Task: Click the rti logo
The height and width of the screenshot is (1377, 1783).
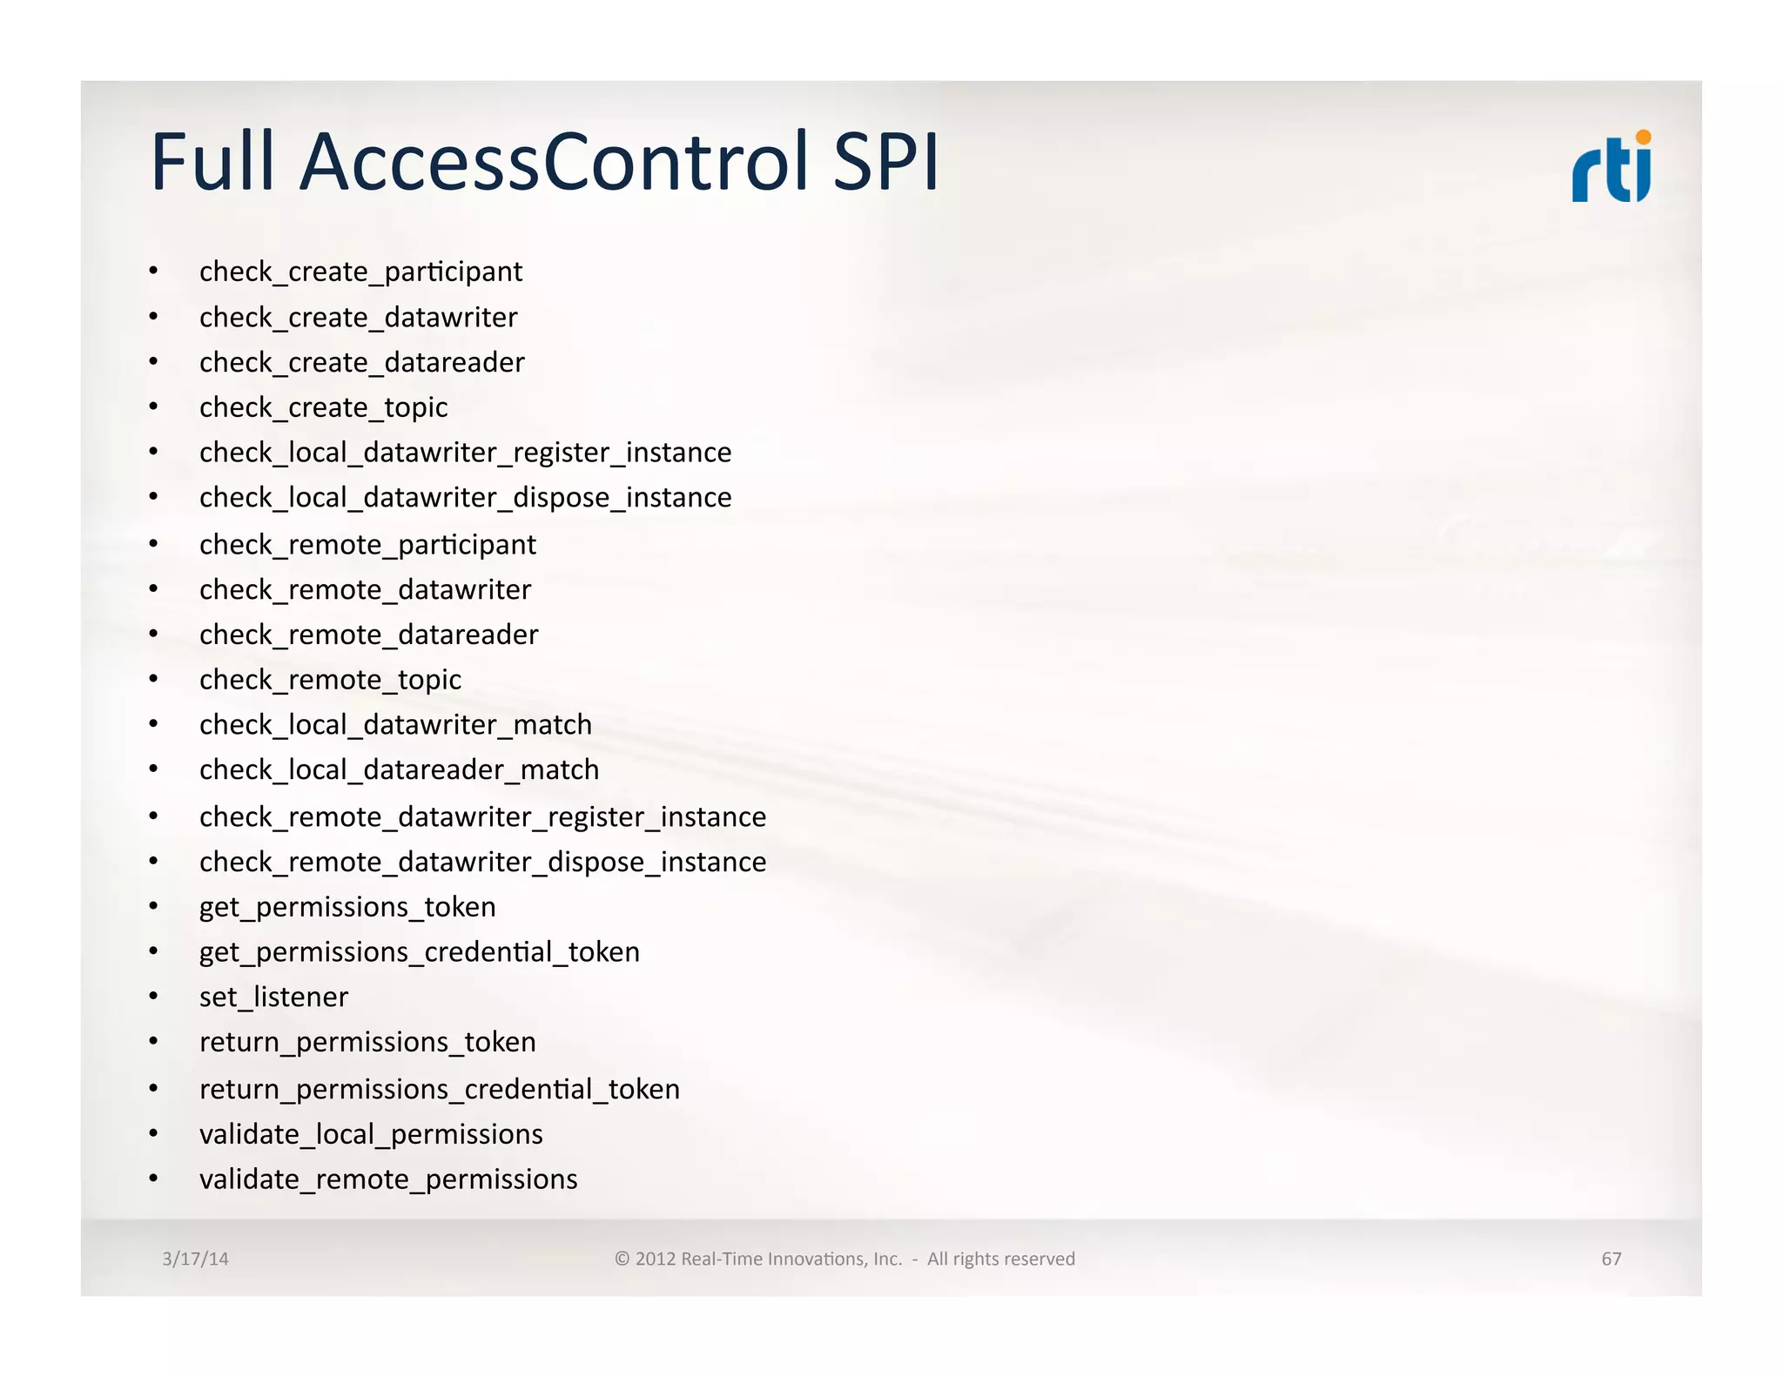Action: point(1611,167)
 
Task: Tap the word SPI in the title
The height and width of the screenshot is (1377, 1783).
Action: point(885,162)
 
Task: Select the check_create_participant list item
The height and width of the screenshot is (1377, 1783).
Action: point(360,272)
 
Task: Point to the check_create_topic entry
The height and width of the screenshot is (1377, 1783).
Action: point(323,407)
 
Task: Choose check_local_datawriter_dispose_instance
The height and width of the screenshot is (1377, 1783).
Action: point(465,498)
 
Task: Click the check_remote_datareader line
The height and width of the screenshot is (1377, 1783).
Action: point(368,635)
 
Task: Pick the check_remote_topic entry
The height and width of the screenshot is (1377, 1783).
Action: point(330,680)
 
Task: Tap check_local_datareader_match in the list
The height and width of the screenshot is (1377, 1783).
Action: point(399,770)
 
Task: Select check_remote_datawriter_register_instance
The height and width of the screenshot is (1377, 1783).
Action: point(482,817)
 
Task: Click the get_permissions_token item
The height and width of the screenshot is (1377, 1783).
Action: point(347,907)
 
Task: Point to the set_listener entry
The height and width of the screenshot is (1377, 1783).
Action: point(273,997)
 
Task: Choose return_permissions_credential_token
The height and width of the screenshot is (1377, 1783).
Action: point(439,1090)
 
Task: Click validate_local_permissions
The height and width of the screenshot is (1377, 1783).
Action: point(371,1134)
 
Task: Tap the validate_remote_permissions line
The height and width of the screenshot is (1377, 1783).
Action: point(388,1179)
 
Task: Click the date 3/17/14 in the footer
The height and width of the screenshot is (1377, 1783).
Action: point(195,1259)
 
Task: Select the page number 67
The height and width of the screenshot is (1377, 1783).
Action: point(1611,1259)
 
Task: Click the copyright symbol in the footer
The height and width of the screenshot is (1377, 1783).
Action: point(622,1259)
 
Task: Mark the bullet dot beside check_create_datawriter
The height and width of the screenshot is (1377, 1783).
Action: point(153,317)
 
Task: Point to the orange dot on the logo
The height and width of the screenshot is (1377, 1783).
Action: point(1643,138)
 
